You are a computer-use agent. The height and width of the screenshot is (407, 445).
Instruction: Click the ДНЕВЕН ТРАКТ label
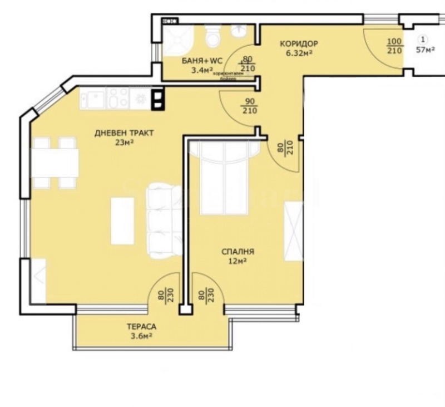click(123, 133)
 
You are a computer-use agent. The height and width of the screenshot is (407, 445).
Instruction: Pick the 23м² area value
click(124, 143)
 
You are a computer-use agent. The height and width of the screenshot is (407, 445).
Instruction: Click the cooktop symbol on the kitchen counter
click(139, 99)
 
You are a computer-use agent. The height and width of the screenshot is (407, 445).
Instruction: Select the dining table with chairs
click(55, 163)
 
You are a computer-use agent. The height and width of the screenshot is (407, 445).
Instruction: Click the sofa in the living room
click(163, 220)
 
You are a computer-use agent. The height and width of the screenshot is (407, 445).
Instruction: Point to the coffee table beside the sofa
click(122, 221)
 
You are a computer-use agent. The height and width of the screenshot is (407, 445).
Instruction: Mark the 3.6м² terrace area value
click(140, 336)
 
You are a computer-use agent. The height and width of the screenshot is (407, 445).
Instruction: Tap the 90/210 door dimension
click(249, 106)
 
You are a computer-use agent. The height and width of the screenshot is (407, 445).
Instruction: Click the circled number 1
click(425, 40)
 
